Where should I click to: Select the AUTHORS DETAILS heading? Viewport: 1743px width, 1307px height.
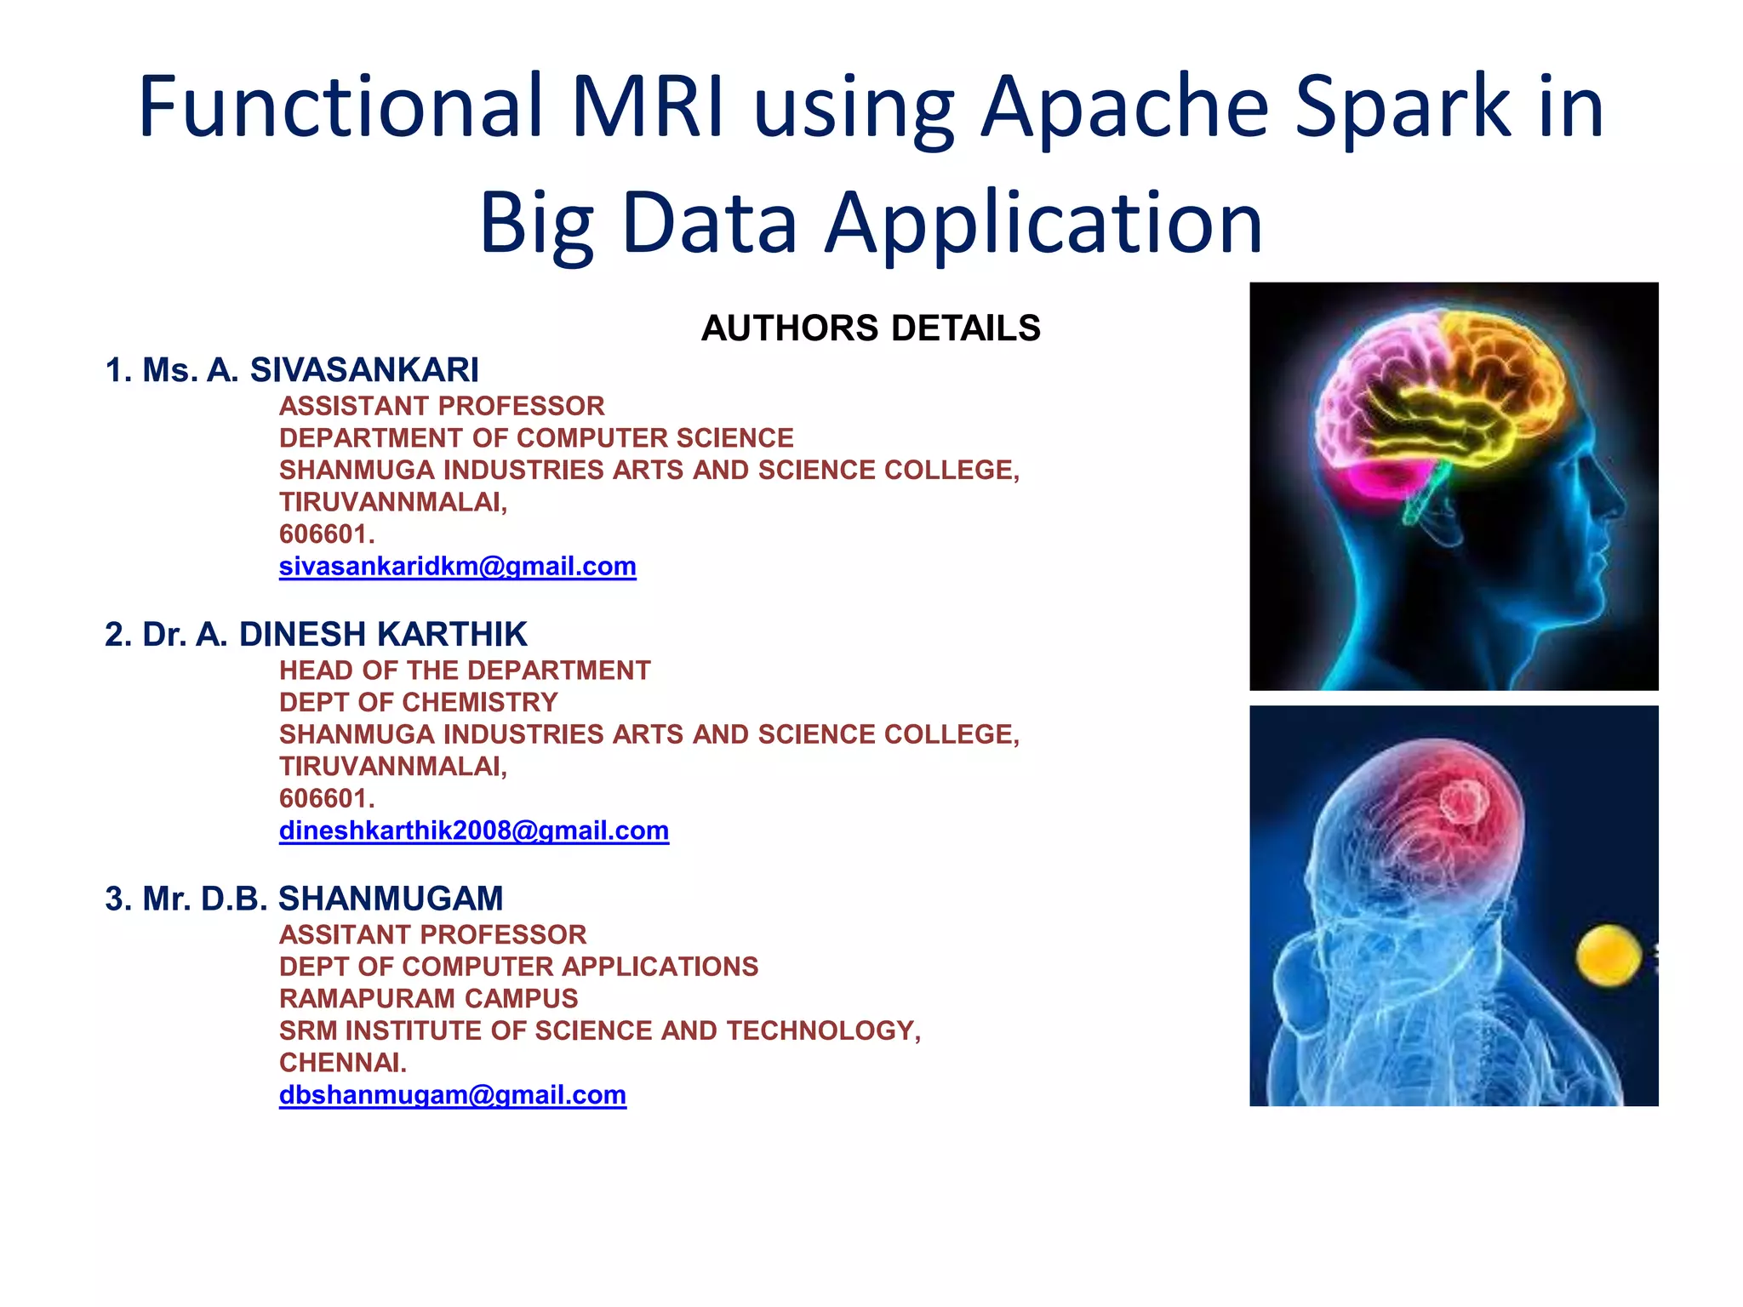coord(871,328)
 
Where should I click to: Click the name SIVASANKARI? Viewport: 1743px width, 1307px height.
coord(364,370)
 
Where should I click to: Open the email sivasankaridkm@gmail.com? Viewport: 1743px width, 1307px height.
coord(457,567)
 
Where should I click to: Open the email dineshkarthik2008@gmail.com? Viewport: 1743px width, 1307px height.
coord(473,831)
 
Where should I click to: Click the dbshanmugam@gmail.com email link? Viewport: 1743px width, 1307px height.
coord(452,1095)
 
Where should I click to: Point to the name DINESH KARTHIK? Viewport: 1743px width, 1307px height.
coord(383,635)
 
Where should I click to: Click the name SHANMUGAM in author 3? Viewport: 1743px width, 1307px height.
coord(391,899)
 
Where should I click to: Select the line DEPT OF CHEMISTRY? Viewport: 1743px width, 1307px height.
coord(418,703)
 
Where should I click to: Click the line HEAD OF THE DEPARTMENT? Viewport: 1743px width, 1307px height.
coord(464,671)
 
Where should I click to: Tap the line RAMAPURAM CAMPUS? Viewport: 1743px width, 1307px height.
coord(428,999)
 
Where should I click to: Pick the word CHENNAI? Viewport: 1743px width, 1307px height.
coord(342,1063)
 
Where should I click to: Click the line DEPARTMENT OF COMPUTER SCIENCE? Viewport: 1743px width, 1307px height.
coord(536,438)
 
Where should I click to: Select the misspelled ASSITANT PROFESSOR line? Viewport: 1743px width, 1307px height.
coord(432,935)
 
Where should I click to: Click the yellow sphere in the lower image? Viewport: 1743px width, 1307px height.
coord(1608,956)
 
